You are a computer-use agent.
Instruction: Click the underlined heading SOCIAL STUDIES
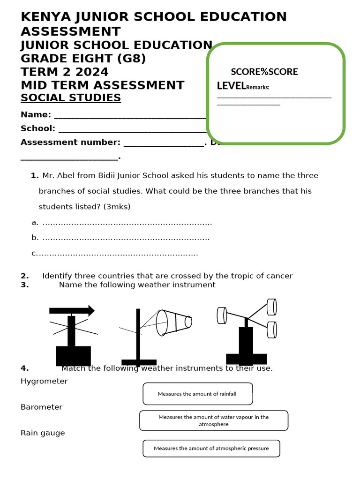pyautogui.click(x=71, y=97)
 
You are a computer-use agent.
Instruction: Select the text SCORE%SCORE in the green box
pyautogui.click(x=264, y=72)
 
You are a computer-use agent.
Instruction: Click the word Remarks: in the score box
pyautogui.click(x=258, y=87)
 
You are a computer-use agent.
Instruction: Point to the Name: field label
pyautogui.click(x=36, y=115)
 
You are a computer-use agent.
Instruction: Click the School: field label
pyautogui.click(x=38, y=128)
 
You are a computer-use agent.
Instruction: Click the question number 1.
pyautogui.click(x=34, y=176)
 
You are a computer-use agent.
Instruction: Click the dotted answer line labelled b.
pyautogui.click(x=126, y=238)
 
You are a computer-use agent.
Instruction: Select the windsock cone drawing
pyautogui.click(x=173, y=322)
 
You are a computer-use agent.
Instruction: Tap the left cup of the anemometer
pyautogui.click(x=222, y=315)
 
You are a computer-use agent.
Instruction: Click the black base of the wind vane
pyautogui.click(x=73, y=355)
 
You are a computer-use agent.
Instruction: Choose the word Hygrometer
pyautogui.click(x=44, y=381)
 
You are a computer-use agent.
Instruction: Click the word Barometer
pyautogui.click(x=41, y=407)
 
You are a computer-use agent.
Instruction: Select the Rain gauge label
pyautogui.click(x=43, y=433)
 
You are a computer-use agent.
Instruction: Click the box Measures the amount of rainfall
pyautogui.click(x=197, y=394)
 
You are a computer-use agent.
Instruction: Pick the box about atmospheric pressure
pyautogui.click(x=211, y=448)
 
